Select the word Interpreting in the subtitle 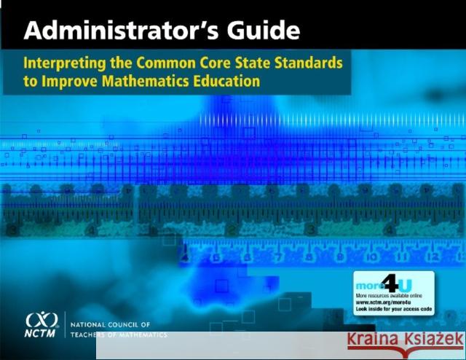[x=67, y=63]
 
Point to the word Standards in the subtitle [x=309, y=63]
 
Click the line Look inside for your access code [x=391, y=310]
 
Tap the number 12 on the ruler [x=435, y=257]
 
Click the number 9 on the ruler [x=339, y=257]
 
